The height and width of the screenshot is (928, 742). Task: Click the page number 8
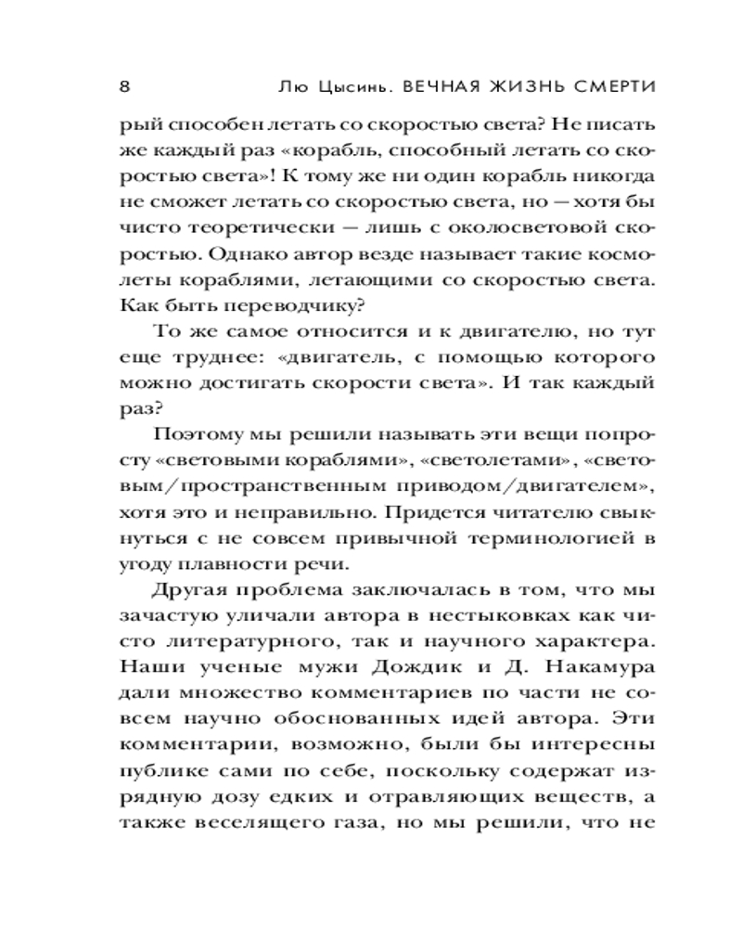tap(124, 86)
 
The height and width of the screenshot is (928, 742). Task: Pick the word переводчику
tap(279, 303)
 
